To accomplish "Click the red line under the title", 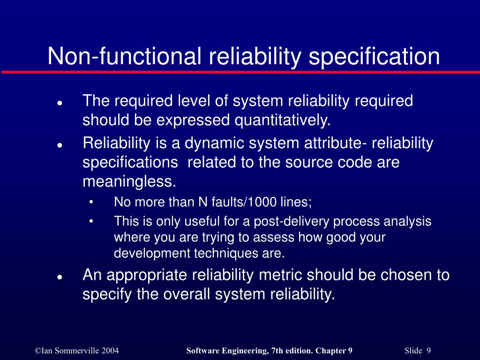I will (240, 72).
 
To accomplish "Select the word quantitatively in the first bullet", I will (283, 120).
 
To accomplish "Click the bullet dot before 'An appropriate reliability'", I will (60, 277).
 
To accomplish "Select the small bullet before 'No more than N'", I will (91, 202).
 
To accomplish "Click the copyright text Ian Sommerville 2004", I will (77, 351).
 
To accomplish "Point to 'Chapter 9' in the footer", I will (334, 351).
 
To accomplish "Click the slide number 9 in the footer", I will (428, 351).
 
